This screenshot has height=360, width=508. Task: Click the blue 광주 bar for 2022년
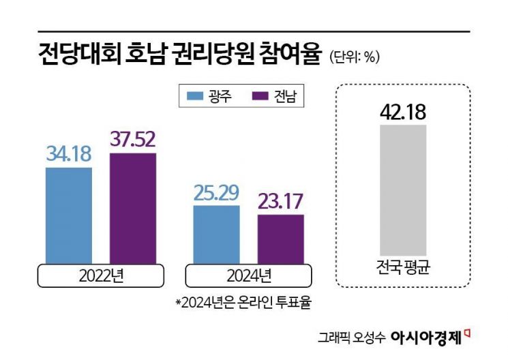69,215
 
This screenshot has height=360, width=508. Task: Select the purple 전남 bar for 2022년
133,208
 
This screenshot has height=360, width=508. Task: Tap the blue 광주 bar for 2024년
216,234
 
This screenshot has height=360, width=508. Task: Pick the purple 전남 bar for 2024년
280,239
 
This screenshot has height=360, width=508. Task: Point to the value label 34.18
69,154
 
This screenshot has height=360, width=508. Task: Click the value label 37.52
133,140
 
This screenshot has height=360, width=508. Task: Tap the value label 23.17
280,202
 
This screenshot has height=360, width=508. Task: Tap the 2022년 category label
100,276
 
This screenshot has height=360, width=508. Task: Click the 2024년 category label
248,276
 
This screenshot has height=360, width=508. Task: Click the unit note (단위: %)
354,57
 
